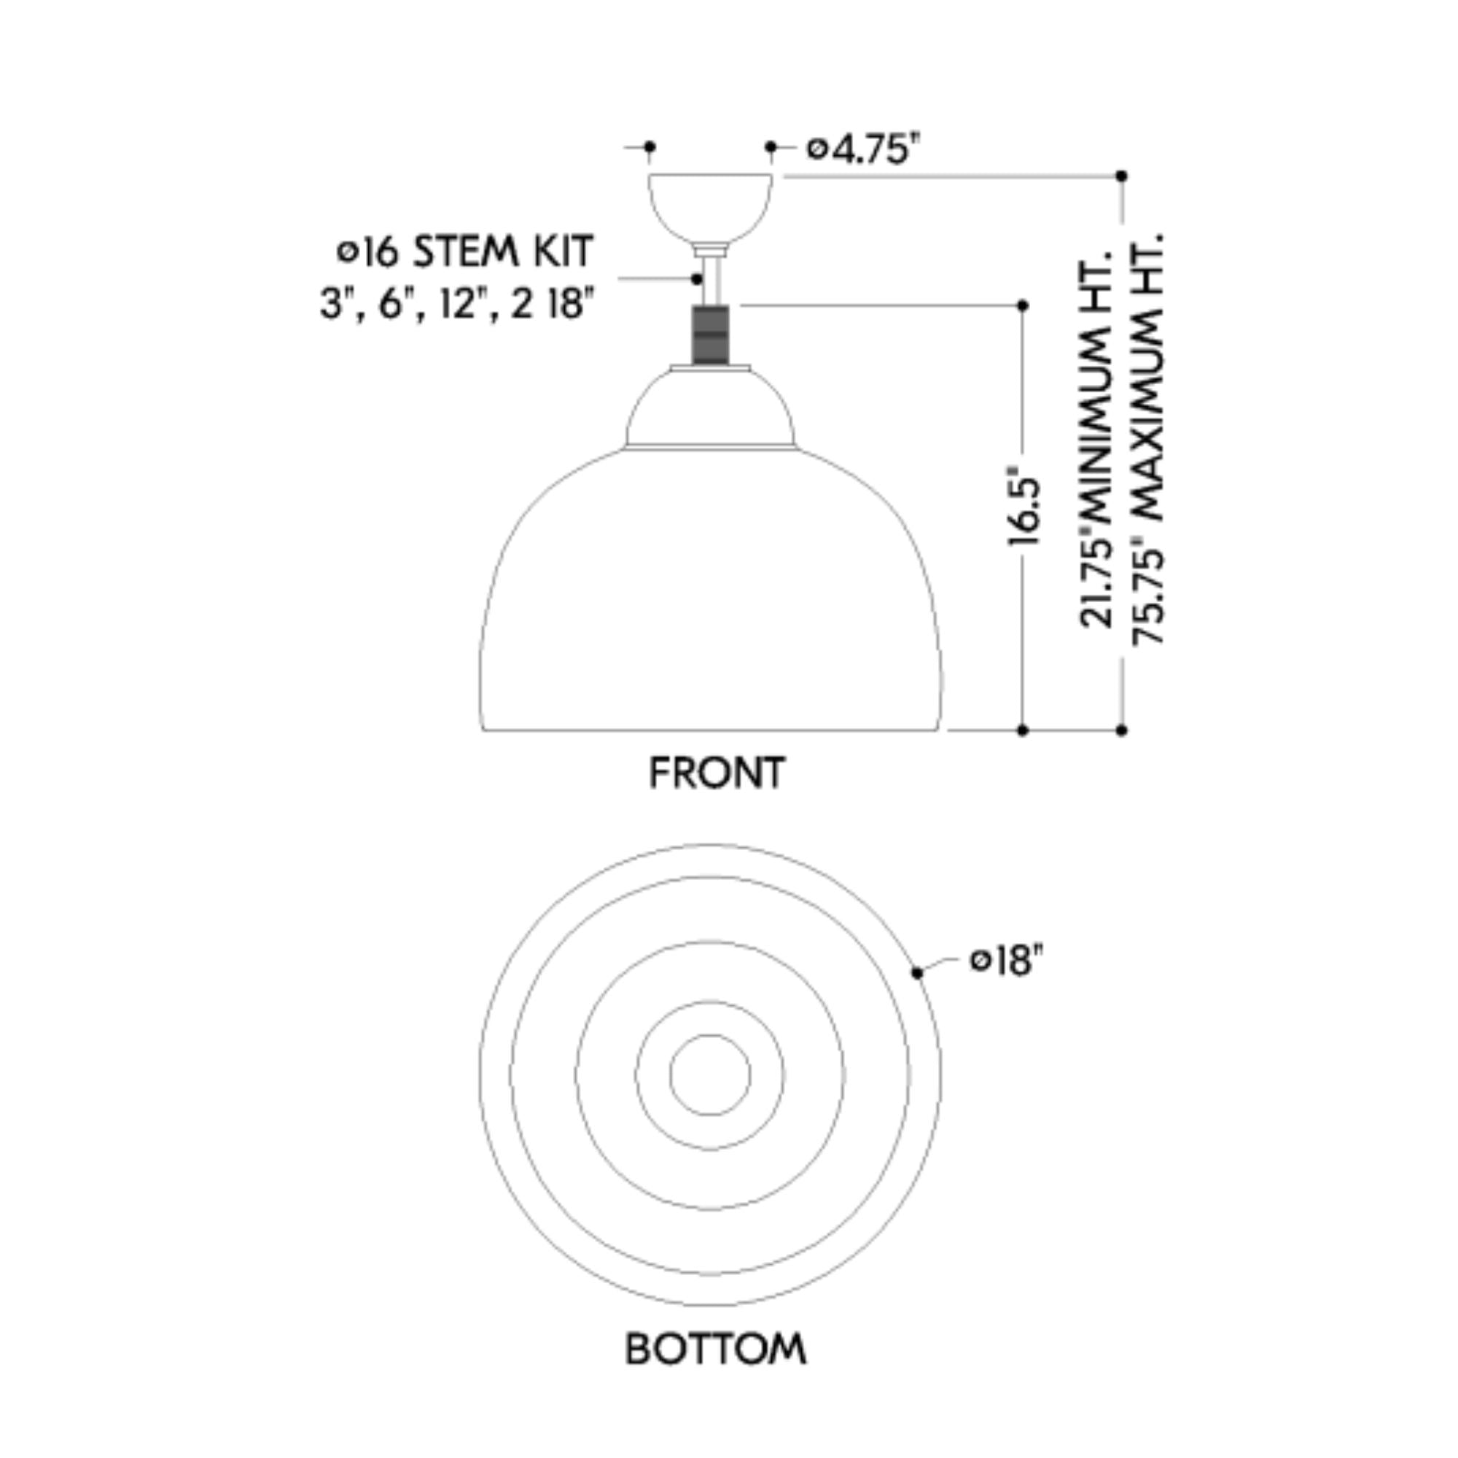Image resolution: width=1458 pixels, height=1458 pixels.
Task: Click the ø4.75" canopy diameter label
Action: point(864,149)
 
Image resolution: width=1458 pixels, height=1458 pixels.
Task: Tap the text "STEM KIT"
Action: point(503,252)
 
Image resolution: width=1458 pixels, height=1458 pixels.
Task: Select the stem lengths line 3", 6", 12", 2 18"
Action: point(456,304)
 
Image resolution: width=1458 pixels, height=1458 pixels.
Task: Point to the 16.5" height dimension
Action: point(1024,510)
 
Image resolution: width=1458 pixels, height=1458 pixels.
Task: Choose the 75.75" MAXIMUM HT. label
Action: point(1148,437)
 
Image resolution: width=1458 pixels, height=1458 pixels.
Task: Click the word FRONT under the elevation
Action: point(717,773)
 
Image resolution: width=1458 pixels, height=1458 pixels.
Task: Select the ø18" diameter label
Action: point(1007,961)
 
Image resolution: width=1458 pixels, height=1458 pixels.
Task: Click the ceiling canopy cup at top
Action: point(710,208)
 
